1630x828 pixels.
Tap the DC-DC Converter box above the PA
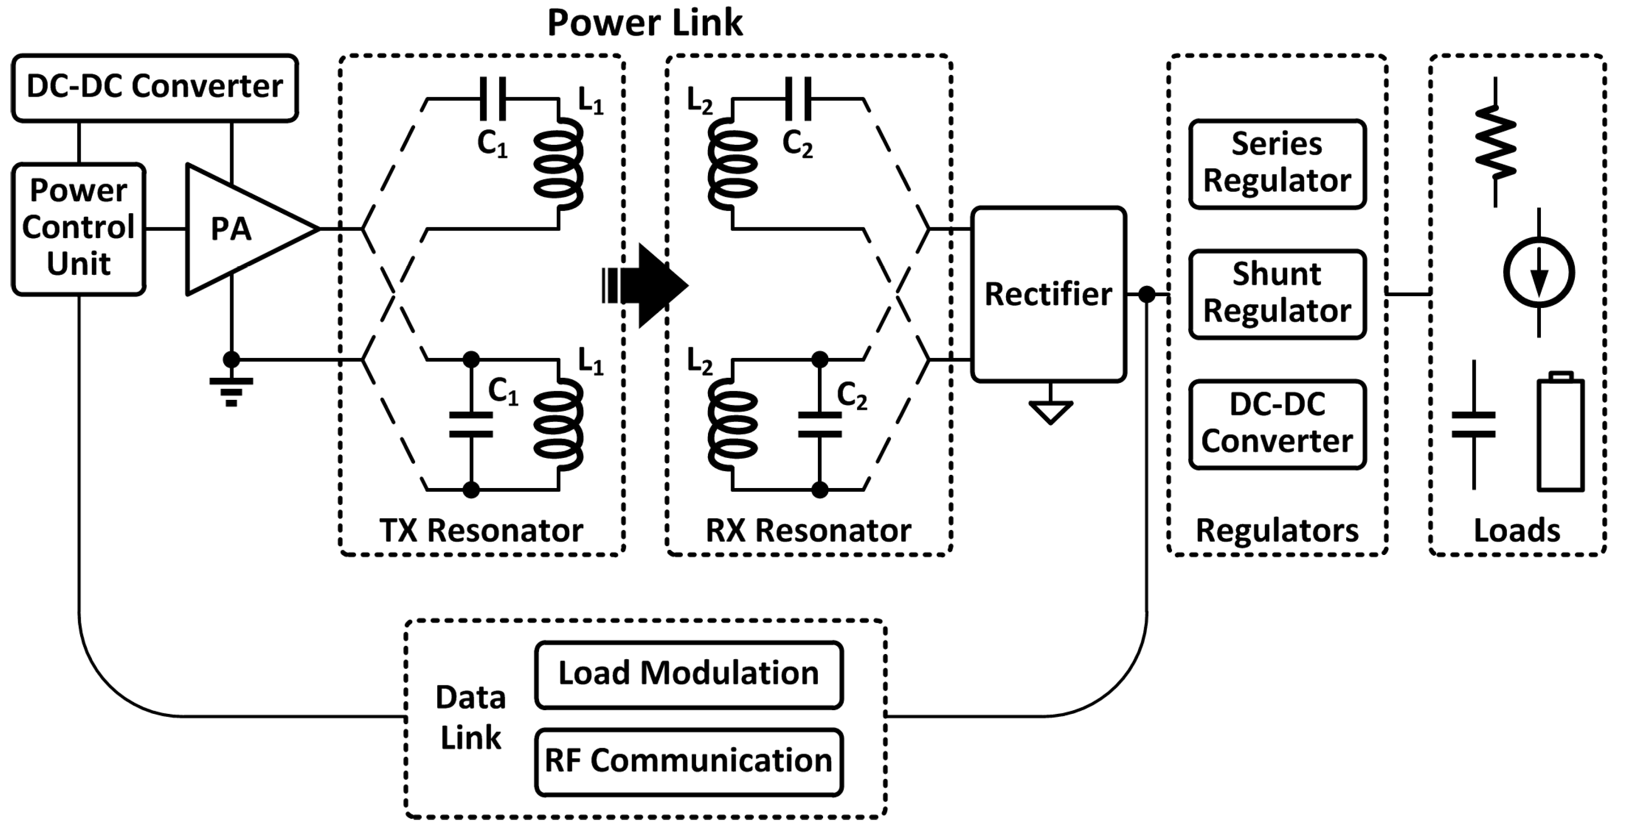point(154,87)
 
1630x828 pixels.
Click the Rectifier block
point(1048,294)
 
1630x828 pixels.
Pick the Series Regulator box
point(1277,164)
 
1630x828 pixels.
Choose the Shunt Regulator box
point(1277,294)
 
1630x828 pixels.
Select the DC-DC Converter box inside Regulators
point(1277,424)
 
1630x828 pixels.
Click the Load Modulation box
point(689,674)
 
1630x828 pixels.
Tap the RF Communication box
point(689,762)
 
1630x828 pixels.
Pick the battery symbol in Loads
point(1560,433)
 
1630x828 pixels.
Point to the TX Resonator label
point(481,530)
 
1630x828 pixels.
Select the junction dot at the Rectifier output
point(1147,294)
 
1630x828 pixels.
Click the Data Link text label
point(471,718)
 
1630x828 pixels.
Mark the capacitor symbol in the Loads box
point(1474,425)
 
